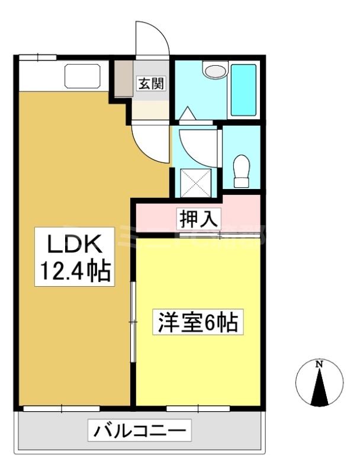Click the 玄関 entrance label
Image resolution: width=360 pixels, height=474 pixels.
tap(152, 84)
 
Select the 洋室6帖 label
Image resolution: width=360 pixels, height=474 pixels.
tap(197, 323)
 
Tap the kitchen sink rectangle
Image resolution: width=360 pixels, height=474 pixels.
tap(83, 76)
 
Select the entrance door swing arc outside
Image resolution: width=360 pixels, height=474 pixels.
tap(153, 40)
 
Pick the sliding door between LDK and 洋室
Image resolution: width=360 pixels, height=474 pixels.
tap(134, 320)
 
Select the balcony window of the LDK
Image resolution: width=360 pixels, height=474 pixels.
tap(62, 408)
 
